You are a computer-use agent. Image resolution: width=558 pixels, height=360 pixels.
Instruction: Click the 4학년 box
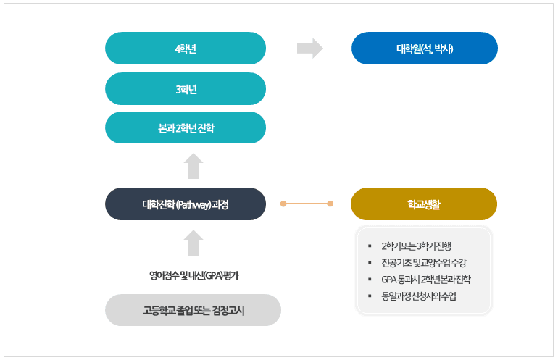[x=186, y=49]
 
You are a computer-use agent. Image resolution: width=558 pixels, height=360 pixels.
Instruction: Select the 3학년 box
[x=186, y=89]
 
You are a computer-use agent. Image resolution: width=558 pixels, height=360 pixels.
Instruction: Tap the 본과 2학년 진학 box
[x=186, y=128]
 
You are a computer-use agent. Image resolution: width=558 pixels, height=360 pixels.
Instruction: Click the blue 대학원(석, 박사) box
[x=424, y=49]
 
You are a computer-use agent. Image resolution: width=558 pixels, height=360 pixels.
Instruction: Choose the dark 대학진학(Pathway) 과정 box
[x=186, y=204]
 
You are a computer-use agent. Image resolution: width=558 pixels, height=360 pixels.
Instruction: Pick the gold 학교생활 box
[x=424, y=204]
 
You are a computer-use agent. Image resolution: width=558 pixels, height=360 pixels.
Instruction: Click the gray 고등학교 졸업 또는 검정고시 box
[x=193, y=310]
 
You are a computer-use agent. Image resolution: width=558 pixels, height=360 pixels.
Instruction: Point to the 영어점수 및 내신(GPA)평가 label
[x=193, y=275]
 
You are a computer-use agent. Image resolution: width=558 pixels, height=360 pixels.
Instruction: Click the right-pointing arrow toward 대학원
[x=309, y=49]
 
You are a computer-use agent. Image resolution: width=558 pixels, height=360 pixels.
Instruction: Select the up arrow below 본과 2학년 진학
[x=193, y=166]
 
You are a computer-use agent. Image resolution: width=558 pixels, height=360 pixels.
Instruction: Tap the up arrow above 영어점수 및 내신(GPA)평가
[x=193, y=243]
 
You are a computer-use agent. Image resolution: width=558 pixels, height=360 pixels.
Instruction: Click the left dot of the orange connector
[x=284, y=204]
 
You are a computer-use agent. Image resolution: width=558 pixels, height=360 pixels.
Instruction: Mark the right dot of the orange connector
[x=330, y=204]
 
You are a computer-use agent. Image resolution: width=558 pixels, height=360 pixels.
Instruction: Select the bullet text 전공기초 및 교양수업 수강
[x=423, y=262]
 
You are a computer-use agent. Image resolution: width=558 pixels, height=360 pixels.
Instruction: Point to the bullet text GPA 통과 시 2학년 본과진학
[x=425, y=279]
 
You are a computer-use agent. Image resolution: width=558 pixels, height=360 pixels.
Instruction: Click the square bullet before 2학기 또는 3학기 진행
[x=370, y=246]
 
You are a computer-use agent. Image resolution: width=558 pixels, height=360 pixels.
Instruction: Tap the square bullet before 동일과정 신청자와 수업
[x=370, y=296]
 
